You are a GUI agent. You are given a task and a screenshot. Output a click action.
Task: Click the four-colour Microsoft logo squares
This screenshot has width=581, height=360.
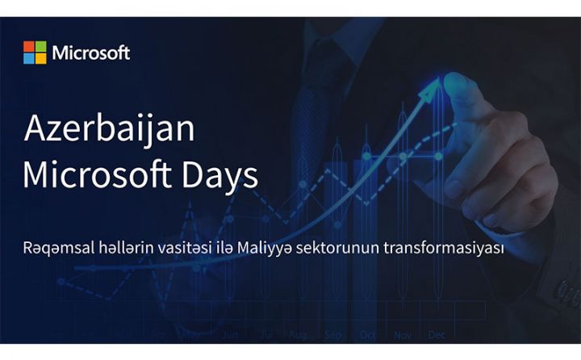tap(35, 52)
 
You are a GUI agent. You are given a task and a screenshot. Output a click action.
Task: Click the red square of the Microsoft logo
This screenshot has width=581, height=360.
tap(29, 47)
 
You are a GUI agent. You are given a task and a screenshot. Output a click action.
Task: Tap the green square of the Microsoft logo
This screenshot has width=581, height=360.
tap(40, 47)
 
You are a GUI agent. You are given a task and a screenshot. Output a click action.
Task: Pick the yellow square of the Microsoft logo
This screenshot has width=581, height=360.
tap(40, 58)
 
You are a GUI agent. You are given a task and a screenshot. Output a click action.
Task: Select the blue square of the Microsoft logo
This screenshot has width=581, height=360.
tap(29, 58)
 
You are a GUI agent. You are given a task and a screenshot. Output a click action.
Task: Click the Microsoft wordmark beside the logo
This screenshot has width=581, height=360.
tap(90, 53)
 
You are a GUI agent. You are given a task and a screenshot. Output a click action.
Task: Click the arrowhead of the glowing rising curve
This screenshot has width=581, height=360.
tap(437, 82)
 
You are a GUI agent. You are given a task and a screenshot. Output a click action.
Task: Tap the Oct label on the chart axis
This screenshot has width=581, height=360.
tap(368, 333)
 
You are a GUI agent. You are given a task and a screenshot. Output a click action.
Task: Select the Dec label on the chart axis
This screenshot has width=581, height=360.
tap(437, 333)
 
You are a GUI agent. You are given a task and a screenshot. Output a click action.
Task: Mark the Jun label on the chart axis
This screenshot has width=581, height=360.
tap(230, 333)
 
